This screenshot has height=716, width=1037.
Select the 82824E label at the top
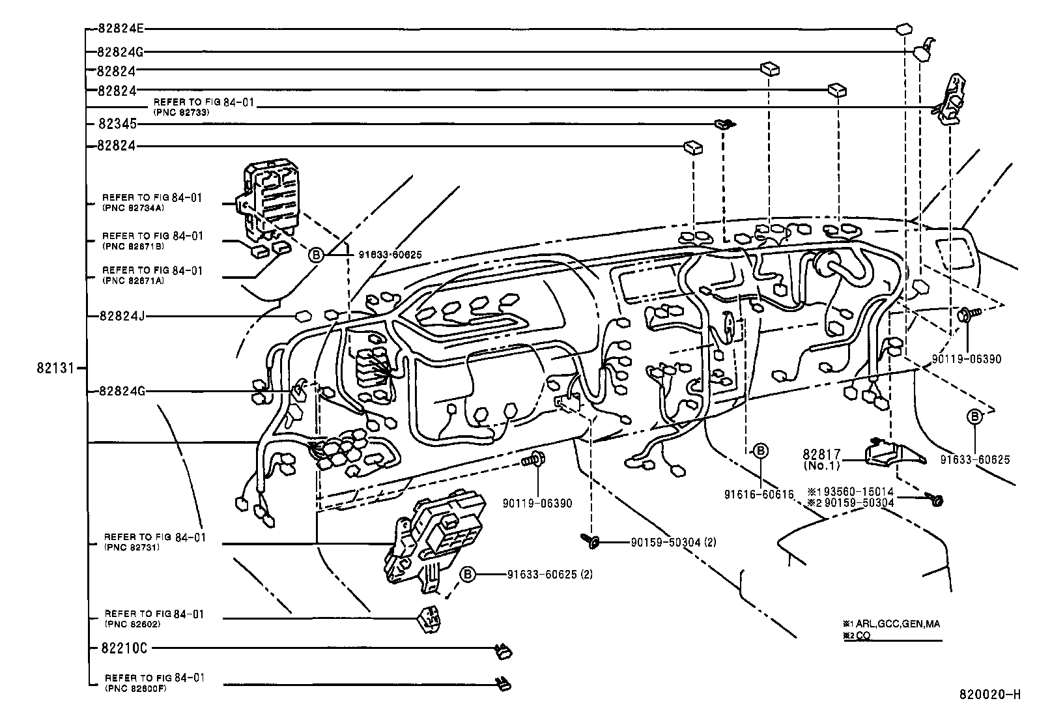pyautogui.click(x=121, y=29)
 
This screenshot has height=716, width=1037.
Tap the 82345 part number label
pyautogui.click(x=118, y=124)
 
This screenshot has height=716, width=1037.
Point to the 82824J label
pyautogui.click(x=121, y=316)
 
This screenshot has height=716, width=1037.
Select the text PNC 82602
pyautogui.click(x=132, y=623)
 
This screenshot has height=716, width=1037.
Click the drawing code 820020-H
pyautogui.click(x=989, y=695)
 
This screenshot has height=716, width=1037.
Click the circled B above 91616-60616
pyautogui.click(x=760, y=451)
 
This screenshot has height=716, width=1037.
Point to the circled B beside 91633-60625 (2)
pyautogui.click(x=468, y=574)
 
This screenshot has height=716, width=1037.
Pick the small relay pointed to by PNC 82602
pyautogui.click(x=427, y=622)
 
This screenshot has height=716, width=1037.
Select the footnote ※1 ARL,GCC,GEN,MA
pyautogui.click(x=890, y=623)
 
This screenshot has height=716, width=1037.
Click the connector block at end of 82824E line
pyautogui.click(x=903, y=30)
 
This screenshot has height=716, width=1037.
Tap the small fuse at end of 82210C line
pyautogui.click(x=503, y=650)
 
